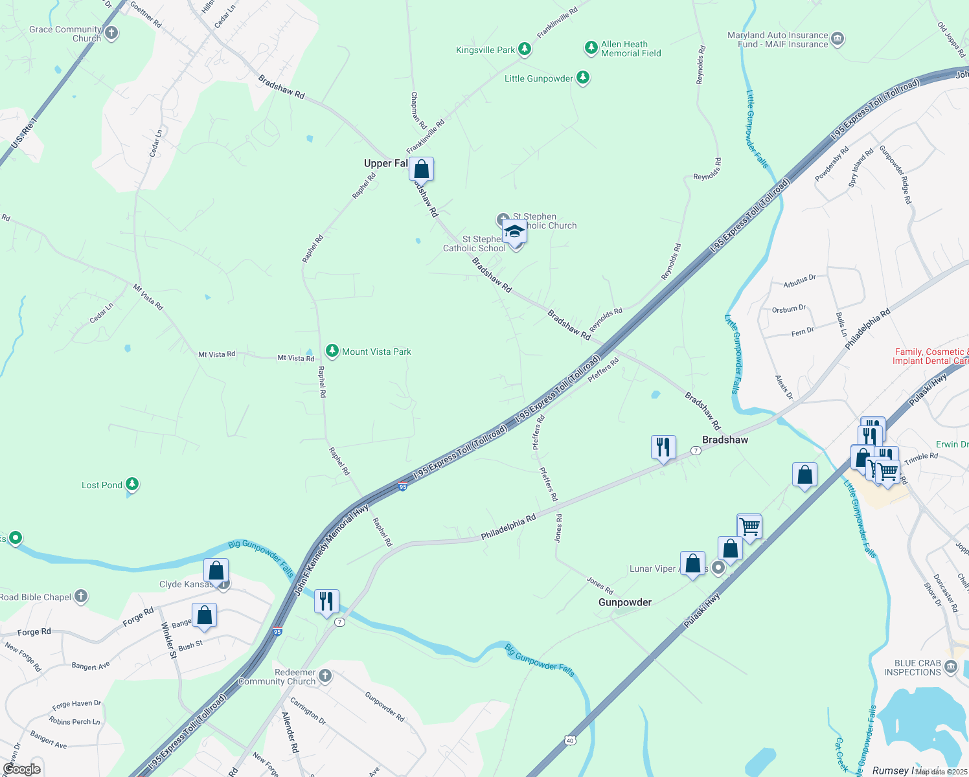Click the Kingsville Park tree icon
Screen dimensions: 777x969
525,49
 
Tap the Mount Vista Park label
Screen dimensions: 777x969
376,352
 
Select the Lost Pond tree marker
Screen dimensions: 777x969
132,484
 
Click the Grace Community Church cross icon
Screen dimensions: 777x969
111,33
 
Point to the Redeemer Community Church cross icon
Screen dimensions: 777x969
325,676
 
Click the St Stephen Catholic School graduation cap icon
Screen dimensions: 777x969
514,231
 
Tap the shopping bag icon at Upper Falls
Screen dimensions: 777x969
421,170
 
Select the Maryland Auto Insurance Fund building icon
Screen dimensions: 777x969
837,39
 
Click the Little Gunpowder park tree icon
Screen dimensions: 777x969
583,78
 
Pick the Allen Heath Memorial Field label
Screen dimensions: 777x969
631,49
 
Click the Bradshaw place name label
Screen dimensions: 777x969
725,440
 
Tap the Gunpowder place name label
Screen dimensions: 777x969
624,602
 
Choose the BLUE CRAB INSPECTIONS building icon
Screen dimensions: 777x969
950,667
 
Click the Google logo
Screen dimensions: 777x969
22,769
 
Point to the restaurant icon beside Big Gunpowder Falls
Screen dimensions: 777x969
326,602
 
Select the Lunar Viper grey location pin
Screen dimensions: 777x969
718,568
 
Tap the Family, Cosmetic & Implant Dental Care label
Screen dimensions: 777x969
931,356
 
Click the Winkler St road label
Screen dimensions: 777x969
169,640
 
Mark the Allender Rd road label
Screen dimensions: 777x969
290,732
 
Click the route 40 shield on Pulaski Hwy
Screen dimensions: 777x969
569,740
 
